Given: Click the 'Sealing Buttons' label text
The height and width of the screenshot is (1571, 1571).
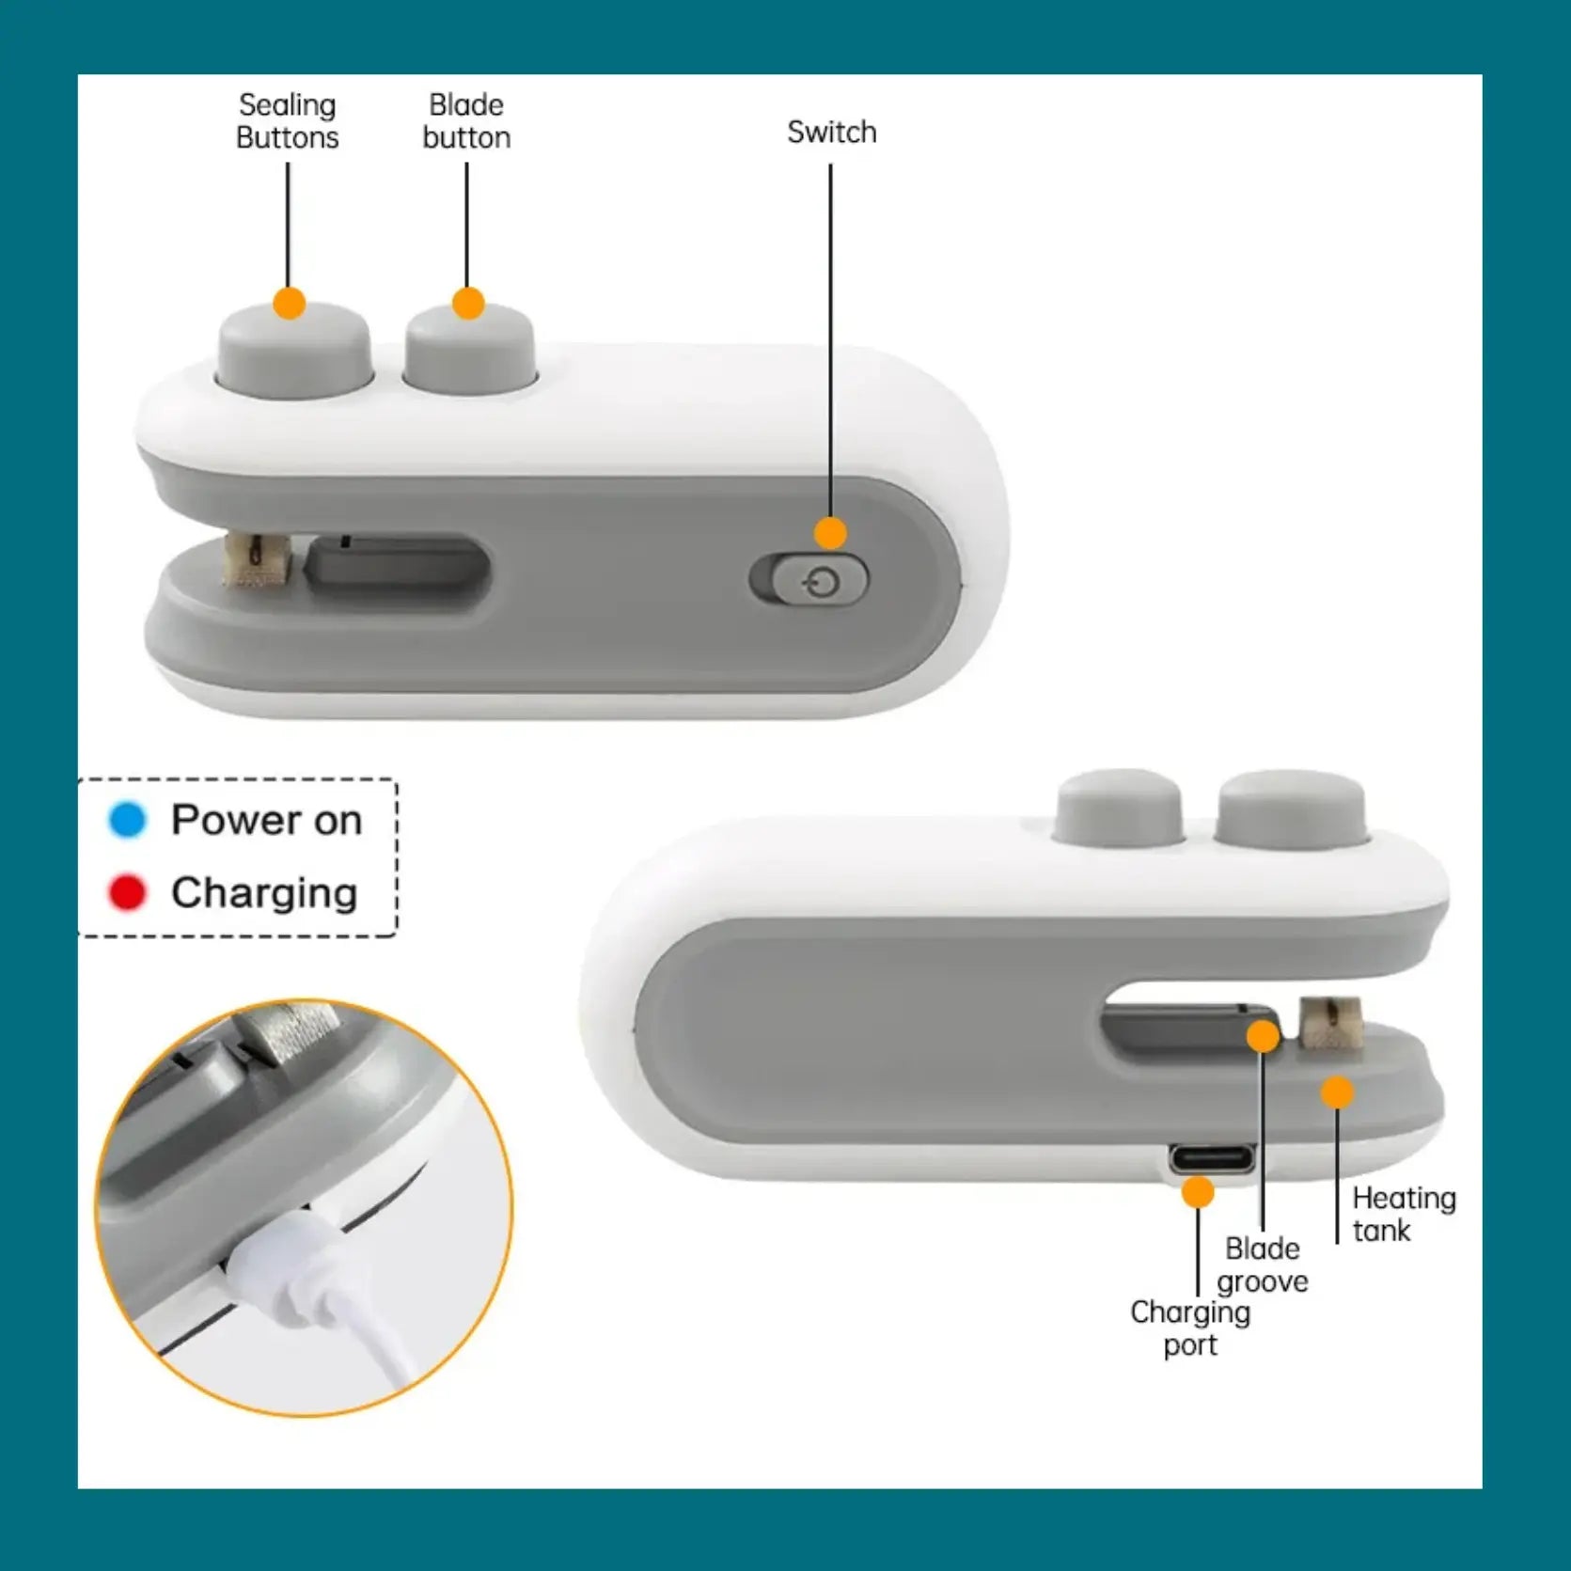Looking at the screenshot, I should (287, 121).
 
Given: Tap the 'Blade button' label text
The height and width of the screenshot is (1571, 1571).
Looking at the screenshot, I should (466, 121).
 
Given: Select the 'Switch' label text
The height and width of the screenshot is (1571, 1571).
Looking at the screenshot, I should (831, 133).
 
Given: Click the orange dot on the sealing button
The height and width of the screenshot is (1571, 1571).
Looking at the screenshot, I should (289, 304).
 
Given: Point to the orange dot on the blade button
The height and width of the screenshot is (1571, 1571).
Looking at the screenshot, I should (467, 304).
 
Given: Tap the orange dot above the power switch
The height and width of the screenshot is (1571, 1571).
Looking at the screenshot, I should (829, 533).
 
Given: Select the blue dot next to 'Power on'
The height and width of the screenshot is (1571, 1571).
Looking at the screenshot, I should (128, 820).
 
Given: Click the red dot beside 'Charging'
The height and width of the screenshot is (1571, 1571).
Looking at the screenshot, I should (128, 892).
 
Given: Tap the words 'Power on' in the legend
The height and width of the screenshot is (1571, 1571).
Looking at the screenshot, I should (266, 820).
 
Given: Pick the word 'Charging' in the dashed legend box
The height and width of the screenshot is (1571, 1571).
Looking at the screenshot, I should (264, 892).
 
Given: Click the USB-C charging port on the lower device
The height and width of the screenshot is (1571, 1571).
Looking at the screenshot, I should (1212, 1157).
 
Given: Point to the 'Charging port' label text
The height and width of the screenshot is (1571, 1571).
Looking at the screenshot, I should (1190, 1327).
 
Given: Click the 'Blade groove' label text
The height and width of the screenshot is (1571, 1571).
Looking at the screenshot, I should (1262, 1265).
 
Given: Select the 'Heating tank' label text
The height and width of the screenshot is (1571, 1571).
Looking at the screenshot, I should (1404, 1214).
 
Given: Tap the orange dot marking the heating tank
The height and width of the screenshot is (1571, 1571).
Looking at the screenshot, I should (1336, 1092).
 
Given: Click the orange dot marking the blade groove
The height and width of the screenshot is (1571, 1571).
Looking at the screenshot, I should (1263, 1036).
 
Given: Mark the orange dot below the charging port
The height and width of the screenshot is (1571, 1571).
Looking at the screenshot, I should (1197, 1192).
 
